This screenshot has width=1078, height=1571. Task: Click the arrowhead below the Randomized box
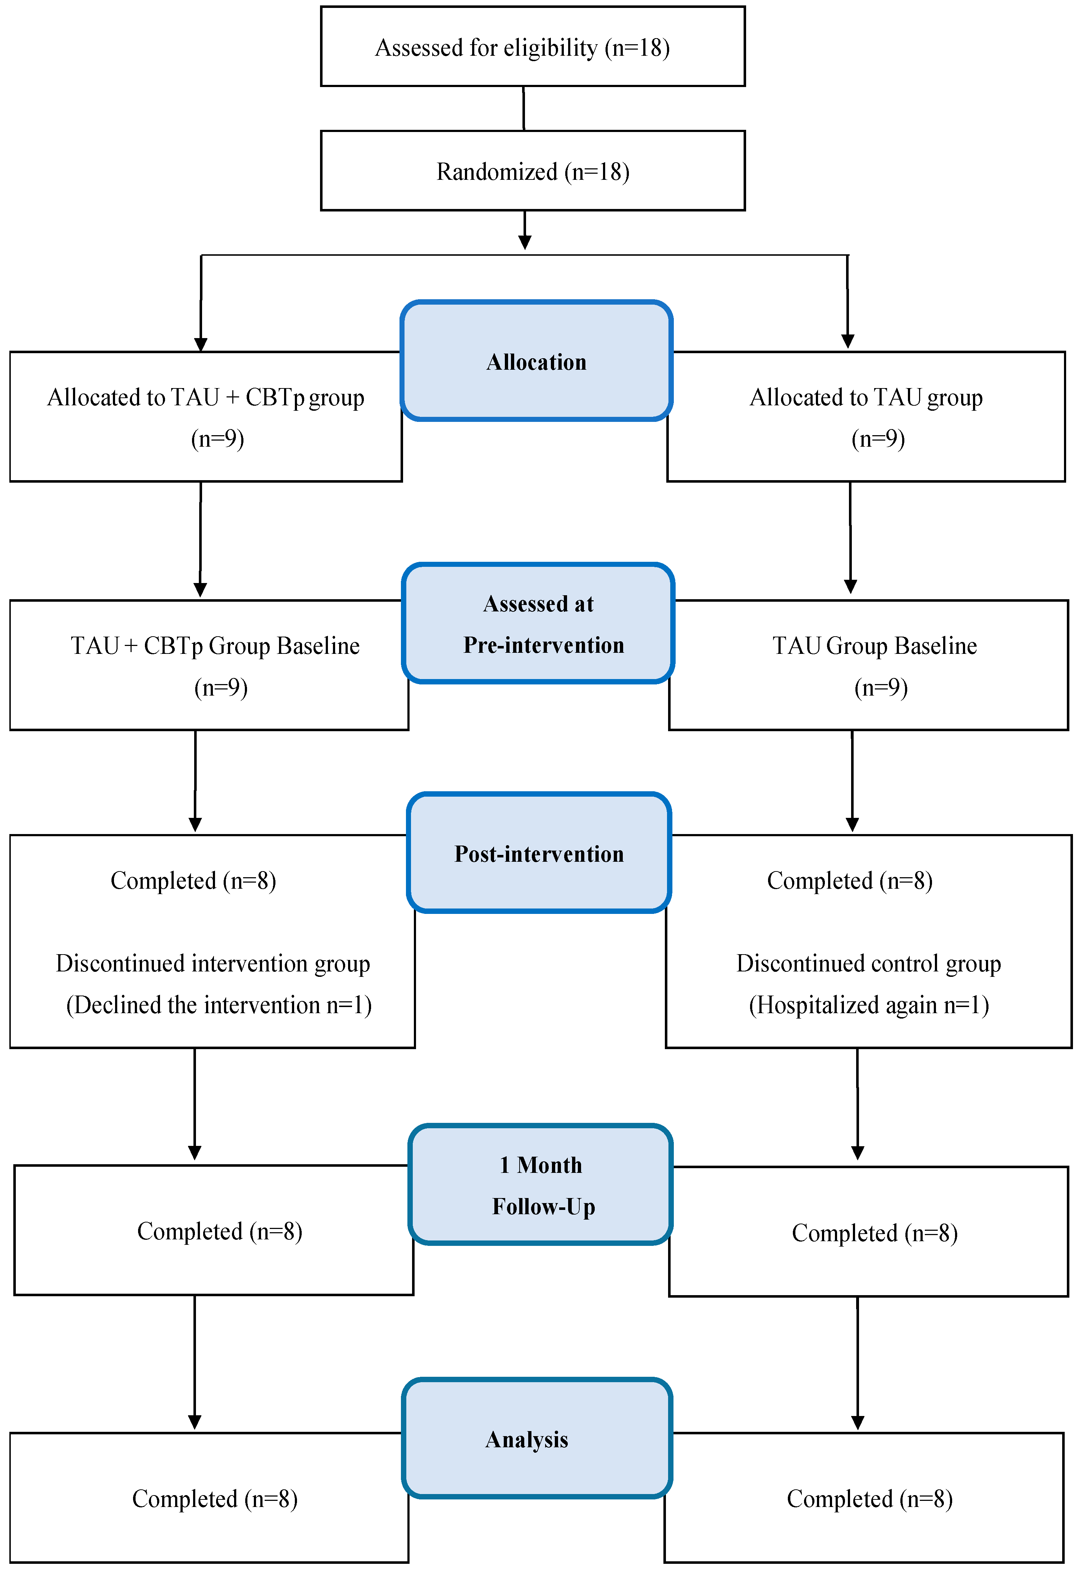click(525, 241)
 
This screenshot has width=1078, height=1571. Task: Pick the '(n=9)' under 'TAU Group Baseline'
click(881, 687)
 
